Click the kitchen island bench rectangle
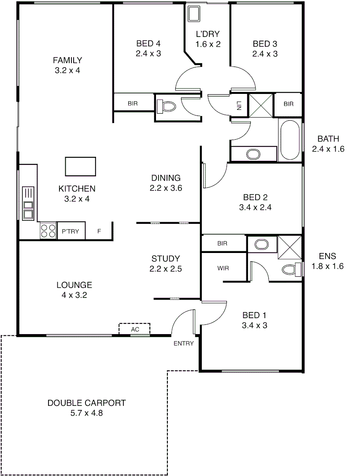80,166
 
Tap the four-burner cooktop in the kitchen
48,231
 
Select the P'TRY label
71,231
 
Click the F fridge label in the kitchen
99,231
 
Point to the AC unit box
134,329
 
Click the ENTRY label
183,343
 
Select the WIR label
223,268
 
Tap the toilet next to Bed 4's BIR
167,106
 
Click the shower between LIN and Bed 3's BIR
261,105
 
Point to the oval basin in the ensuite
262,245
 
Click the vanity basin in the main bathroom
253,154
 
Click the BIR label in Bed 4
133,104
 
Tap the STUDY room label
165,259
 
